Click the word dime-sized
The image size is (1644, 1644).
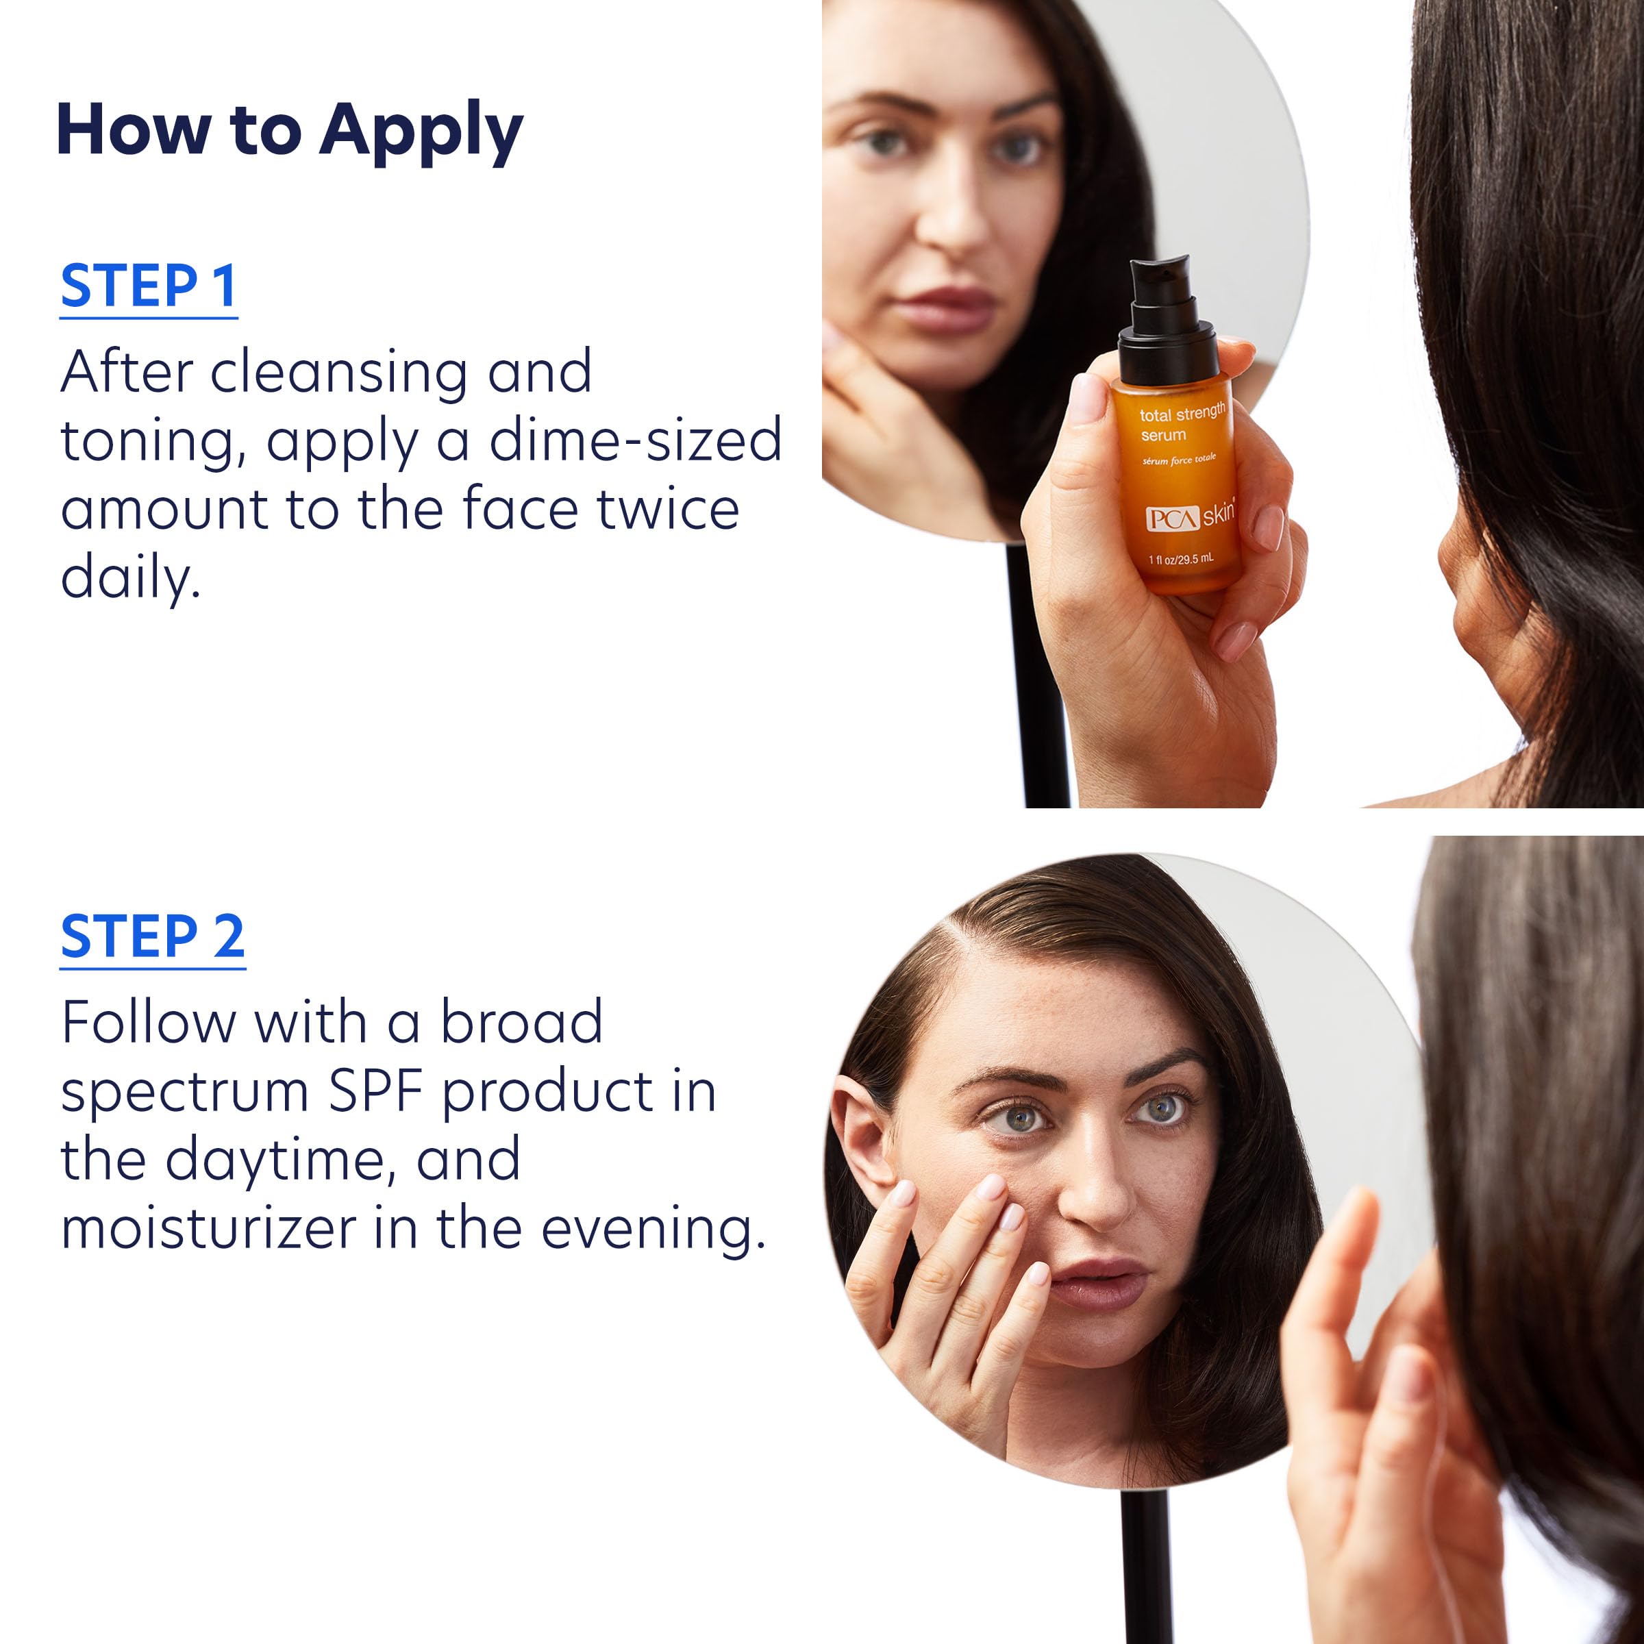point(635,440)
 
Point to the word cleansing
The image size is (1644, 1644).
point(338,372)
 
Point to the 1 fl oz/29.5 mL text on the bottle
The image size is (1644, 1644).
point(1181,559)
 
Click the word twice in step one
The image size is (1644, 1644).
point(667,509)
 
